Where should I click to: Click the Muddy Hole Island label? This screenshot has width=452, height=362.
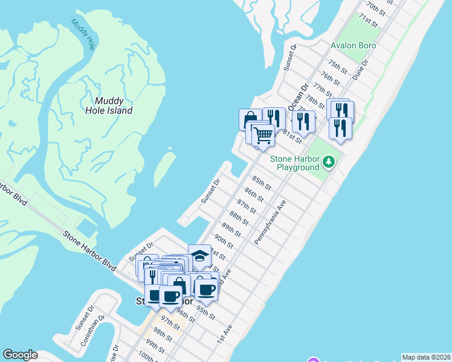(114, 106)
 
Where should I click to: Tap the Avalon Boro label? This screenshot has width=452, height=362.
(354, 45)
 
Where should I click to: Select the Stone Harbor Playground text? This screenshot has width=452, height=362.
(294, 163)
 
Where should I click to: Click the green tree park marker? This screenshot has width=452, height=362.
(328, 162)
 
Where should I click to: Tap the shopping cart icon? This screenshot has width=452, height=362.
(263, 136)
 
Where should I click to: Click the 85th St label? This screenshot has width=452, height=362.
(261, 181)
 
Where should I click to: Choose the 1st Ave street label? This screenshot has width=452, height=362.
(224, 335)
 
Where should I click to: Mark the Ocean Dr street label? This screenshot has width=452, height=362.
(299, 97)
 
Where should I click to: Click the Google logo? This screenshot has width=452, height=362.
(20, 355)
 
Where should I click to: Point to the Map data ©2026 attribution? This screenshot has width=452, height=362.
(425, 357)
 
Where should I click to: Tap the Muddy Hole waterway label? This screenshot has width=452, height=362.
(83, 34)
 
